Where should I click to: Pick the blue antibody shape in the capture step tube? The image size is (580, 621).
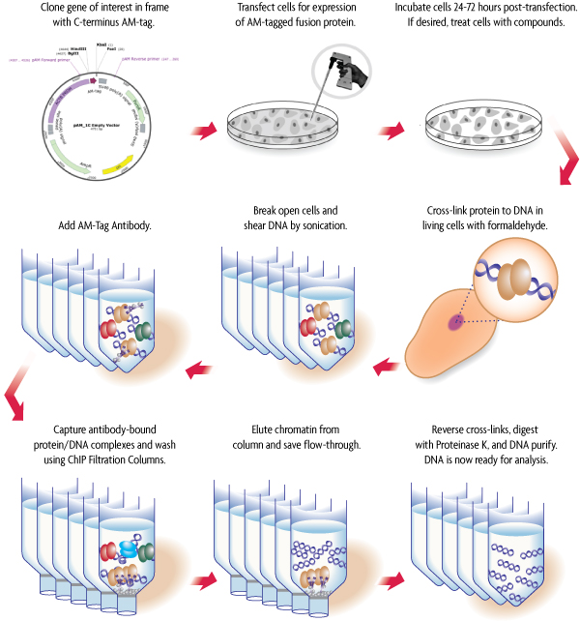129,549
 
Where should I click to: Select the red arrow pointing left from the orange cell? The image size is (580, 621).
388,366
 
